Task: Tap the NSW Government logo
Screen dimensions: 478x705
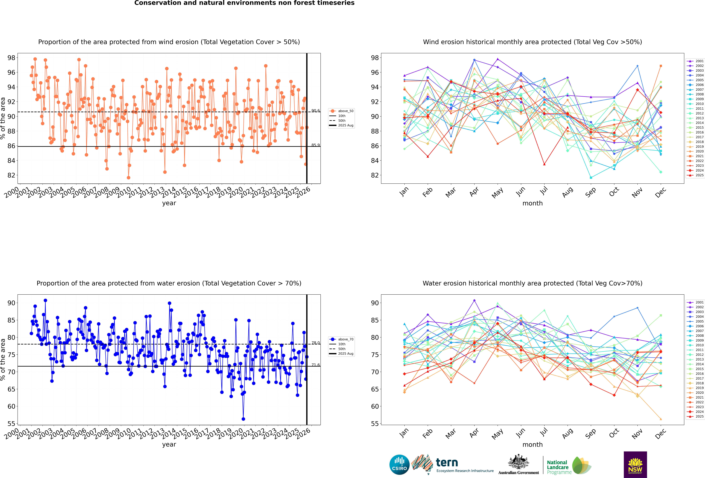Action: pos(635,464)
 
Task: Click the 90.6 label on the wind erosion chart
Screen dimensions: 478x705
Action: pos(316,111)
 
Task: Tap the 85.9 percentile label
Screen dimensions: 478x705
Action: pos(316,145)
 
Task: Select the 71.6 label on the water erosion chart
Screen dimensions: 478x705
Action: pos(316,365)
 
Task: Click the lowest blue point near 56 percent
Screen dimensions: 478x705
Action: pos(243,419)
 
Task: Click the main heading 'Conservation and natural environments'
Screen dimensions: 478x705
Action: pos(244,3)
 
